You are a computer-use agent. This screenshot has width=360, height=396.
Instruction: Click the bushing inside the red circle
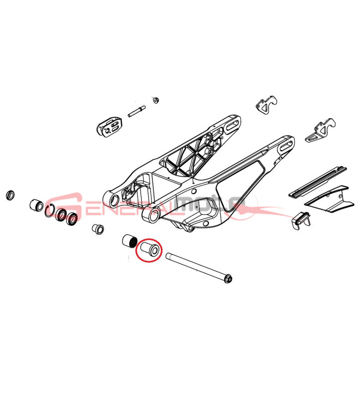150,249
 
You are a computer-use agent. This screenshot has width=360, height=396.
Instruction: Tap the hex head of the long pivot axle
229,279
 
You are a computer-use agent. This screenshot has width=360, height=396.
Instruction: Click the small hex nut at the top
155,100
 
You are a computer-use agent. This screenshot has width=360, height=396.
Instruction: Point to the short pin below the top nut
137,111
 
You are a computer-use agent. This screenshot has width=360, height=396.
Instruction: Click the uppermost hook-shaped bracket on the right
266,105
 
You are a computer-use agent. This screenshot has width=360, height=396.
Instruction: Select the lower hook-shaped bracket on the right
320,130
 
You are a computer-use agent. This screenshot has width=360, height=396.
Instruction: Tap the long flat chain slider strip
318,181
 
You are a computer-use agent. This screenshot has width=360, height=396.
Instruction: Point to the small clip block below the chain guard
301,220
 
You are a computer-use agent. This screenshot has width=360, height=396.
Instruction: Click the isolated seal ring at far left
10,195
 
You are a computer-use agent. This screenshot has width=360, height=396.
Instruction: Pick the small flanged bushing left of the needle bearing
98,229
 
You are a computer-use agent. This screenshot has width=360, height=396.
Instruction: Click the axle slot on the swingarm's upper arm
231,125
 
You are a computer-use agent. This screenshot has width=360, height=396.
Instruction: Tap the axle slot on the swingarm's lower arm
286,147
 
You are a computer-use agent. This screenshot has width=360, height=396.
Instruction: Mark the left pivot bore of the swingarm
115,201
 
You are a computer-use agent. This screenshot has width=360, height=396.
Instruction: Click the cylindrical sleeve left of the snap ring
37,205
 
